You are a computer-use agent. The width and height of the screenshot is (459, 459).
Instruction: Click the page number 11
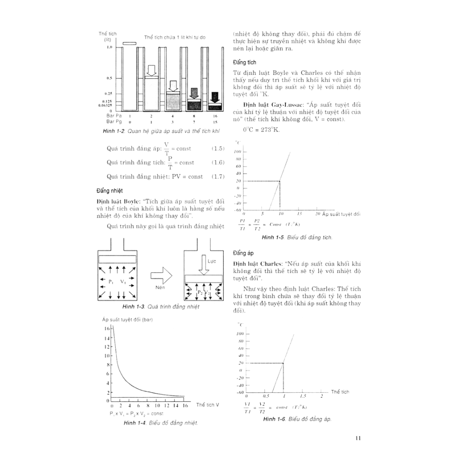tap(357, 438)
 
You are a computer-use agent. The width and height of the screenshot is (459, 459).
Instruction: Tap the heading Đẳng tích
tap(244, 62)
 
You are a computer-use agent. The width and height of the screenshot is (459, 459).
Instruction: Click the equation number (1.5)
tap(217, 148)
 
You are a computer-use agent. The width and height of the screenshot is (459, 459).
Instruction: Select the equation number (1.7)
tap(217, 177)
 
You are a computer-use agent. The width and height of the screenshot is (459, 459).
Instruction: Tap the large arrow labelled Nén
tap(161, 275)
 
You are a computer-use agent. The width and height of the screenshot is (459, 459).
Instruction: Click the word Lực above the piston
tap(212, 261)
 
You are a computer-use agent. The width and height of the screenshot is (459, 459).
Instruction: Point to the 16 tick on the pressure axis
tap(107, 329)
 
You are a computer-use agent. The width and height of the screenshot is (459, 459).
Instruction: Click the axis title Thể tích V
tap(208, 405)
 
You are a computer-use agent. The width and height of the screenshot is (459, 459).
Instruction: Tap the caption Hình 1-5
tap(273, 237)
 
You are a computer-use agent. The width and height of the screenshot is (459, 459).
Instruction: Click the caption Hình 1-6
tap(275, 419)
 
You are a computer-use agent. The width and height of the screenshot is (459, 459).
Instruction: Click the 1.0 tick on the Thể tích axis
tap(108, 47)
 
